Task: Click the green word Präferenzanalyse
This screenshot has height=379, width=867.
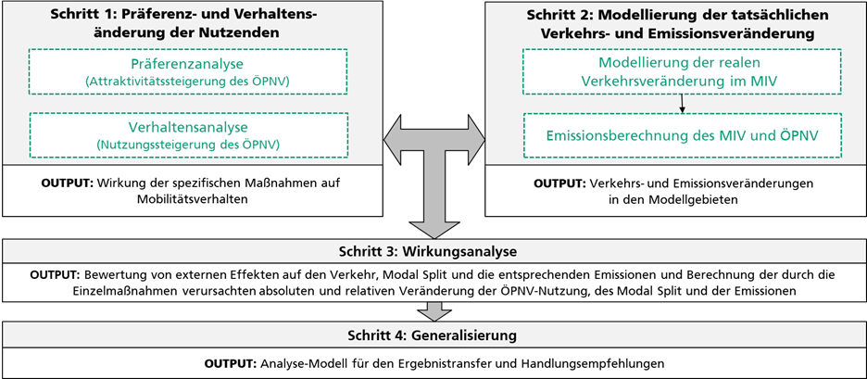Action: coord(187,64)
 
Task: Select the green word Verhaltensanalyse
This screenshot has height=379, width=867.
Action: coord(187,128)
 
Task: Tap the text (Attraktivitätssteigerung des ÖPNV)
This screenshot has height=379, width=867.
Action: coord(187,82)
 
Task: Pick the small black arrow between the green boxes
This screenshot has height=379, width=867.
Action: coord(683,104)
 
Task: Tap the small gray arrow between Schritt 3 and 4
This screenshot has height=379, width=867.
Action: coord(433,311)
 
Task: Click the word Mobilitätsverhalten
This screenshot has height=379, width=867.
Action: coord(193,200)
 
